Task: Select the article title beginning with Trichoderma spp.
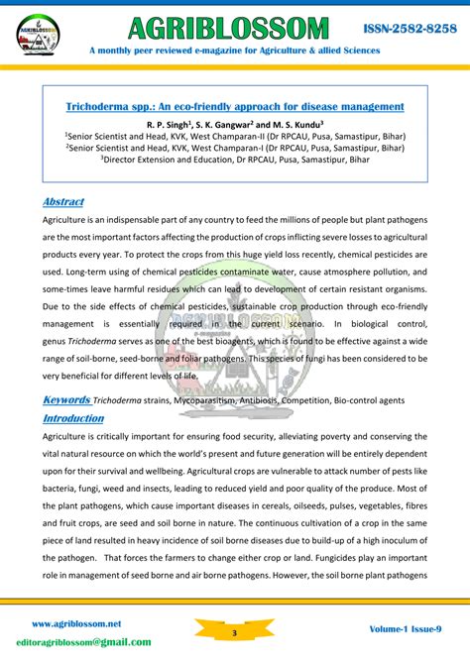point(235,106)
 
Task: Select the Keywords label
point(66,399)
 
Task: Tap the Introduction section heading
point(72,418)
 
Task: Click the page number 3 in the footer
point(235,631)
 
